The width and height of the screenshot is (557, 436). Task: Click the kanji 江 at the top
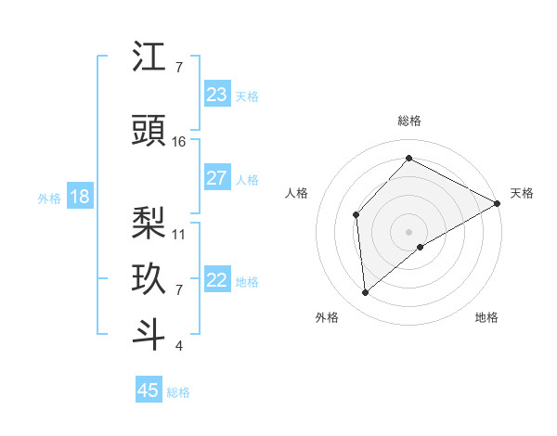coord(149,58)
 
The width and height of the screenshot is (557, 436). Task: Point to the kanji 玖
coord(149,279)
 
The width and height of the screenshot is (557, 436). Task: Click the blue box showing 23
coord(216,95)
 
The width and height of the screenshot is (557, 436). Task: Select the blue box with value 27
coord(216,178)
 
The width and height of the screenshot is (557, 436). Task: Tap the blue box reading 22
coord(216,280)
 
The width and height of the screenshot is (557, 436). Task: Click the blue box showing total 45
coord(149,391)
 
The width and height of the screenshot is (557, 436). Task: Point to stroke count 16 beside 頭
coord(179,141)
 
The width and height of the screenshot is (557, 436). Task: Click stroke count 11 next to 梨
coord(179,234)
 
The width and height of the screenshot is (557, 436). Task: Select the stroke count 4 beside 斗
coord(178,346)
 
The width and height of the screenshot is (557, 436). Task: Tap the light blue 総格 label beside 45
coord(178,392)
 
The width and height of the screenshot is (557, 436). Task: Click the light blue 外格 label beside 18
coord(49,198)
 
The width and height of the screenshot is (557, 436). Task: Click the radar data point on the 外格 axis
coord(365,293)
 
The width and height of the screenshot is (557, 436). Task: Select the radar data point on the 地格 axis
coord(421,247)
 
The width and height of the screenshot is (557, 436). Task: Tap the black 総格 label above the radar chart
coord(408,121)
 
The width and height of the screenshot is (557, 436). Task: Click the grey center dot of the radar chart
coord(408,231)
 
